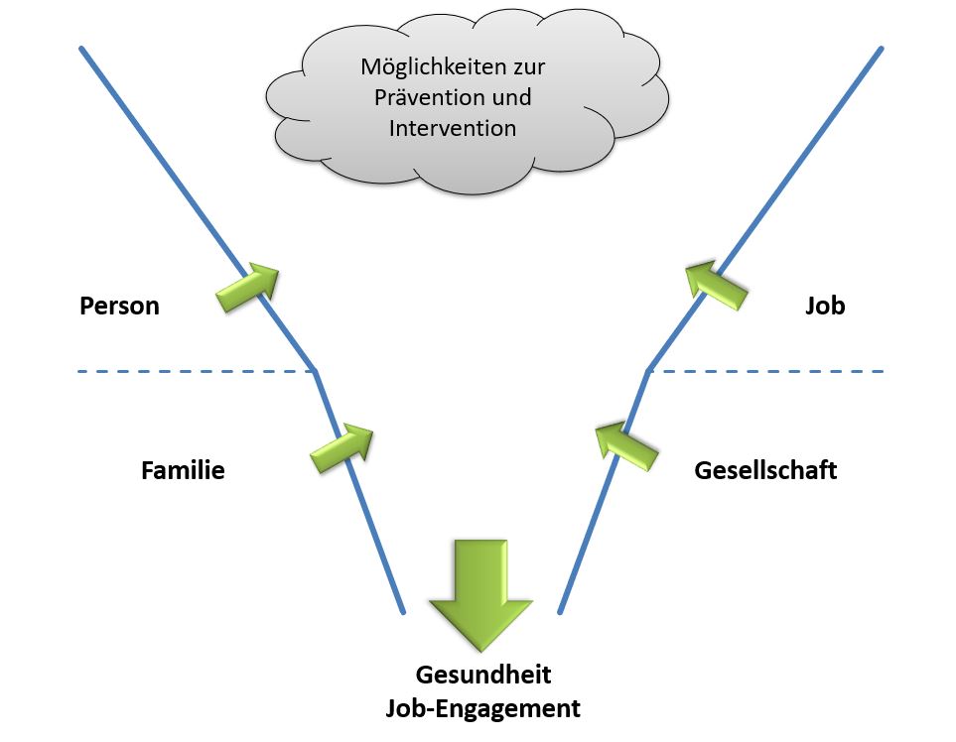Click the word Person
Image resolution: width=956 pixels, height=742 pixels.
119,306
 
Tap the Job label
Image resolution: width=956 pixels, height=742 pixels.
825,306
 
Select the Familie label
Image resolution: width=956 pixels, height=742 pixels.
183,470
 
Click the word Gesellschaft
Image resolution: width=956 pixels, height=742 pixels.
765,470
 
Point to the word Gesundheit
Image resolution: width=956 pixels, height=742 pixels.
482,676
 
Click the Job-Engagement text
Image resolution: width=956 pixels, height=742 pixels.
482,708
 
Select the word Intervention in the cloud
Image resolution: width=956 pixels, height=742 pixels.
453,128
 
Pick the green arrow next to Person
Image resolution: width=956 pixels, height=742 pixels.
248,288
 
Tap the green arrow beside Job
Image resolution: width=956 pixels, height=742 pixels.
715,283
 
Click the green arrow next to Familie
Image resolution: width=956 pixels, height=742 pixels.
342,448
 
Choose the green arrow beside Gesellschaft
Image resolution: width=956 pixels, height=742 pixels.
625,444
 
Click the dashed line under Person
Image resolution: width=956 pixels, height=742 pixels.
194,372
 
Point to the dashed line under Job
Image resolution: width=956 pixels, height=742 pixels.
764,372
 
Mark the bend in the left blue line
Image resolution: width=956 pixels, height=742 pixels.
315,372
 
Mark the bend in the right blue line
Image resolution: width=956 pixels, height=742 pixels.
647,371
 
